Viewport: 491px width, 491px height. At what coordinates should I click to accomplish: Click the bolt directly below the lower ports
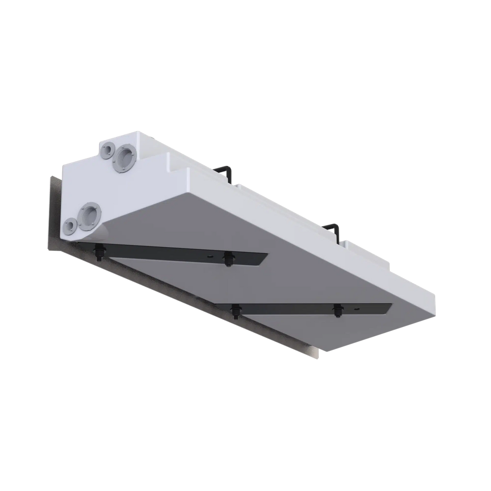point(99,252)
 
